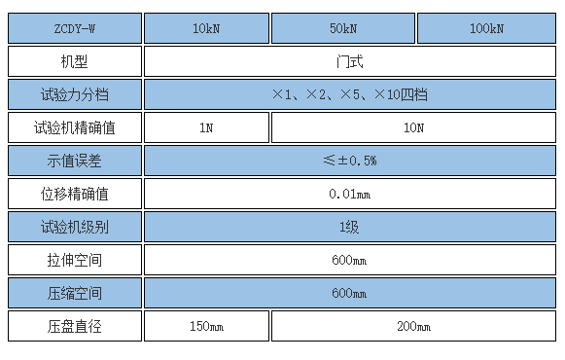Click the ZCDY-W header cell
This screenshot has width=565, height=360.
pyautogui.click(x=75, y=29)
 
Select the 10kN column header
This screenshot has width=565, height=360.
pyautogui.click(x=206, y=29)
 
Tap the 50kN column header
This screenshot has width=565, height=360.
pyautogui.click(x=342, y=29)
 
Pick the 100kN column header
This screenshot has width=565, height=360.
pyautogui.click(x=485, y=29)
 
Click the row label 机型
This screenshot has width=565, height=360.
pyautogui.click(x=75, y=61)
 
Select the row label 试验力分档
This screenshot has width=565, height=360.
pyautogui.click(x=75, y=94)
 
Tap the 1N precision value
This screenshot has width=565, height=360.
pyautogui.click(x=206, y=127)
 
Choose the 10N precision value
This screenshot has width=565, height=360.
pyautogui.click(x=412, y=127)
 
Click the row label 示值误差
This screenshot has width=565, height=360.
pyautogui.click(x=75, y=161)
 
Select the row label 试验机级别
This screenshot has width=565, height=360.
pyautogui.click(x=75, y=227)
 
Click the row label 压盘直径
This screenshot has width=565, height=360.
pyautogui.click(x=75, y=326)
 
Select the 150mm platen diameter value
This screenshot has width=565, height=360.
pyautogui.click(x=206, y=326)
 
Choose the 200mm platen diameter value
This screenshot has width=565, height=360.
pyautogui.click(x=412, y=326)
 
